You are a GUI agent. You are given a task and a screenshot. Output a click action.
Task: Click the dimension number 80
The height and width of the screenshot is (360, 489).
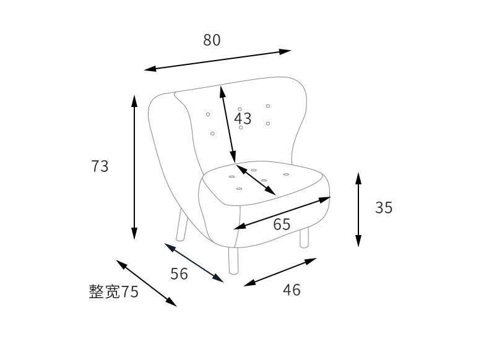click(212, 40)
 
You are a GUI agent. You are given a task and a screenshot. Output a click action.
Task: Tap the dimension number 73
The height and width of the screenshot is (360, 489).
click(100, 166)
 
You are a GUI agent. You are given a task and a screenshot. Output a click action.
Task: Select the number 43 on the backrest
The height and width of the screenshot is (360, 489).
click(243, 118)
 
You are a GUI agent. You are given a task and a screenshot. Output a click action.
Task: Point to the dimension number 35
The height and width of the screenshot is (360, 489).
click(384, 208)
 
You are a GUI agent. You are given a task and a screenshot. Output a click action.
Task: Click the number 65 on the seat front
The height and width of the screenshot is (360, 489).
click(282, 225)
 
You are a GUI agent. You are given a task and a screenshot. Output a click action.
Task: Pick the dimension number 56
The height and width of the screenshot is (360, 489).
click(179, 273)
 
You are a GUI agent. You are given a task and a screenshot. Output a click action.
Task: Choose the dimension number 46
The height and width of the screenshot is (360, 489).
click(292, 289)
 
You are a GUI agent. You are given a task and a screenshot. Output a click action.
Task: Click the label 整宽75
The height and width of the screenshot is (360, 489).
click(114, 292)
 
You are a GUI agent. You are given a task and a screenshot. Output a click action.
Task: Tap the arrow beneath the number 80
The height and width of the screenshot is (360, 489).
click(217, 60)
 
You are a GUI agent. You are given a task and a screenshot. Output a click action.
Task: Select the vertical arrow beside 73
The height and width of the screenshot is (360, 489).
click(134, 167)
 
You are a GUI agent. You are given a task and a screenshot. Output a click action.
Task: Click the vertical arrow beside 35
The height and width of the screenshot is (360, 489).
click(358, 209)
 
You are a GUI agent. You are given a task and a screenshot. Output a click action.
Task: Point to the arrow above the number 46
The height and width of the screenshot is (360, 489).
click(280, 272)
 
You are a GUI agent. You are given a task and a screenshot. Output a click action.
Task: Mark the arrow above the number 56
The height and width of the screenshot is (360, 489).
click(194, 263)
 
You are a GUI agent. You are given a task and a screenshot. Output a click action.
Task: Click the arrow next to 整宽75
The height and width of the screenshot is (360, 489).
click(146, 283)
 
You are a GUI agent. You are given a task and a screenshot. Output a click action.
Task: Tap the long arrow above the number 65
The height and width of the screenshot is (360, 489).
click(282, 213)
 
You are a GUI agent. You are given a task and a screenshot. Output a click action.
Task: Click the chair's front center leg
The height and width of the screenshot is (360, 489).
click(233, 260)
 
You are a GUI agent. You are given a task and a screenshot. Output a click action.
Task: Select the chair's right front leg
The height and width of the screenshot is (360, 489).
click(304, 237)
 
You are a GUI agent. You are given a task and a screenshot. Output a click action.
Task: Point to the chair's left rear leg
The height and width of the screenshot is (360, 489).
click(181, 226)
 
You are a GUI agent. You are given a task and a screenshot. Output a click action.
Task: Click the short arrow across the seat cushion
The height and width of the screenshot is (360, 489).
click(256, 179)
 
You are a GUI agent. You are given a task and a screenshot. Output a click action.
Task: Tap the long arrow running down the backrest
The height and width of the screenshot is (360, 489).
click(228, 124)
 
